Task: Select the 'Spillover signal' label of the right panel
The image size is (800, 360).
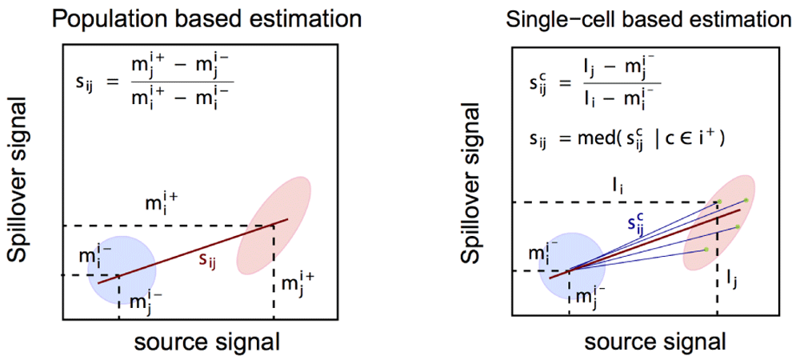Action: click(472, 179)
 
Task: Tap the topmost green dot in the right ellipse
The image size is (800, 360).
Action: click(746, 200)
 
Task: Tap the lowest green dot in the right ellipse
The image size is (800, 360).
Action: click(706, 250)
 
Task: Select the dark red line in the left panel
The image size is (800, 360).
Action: click(192, 250)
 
